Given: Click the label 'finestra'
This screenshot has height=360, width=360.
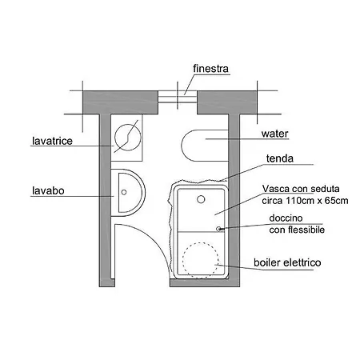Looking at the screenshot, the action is [210, 69].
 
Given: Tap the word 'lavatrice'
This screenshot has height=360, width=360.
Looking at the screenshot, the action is [52, 141].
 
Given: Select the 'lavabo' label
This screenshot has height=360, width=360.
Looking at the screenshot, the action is [48, 190].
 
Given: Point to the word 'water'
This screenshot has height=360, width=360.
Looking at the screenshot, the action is [274, 134].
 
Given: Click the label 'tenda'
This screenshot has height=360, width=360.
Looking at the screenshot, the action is [280, 158].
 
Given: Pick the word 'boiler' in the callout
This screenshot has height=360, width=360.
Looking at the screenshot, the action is [267, 262].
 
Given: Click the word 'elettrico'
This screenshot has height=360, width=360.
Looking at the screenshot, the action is [302, 262].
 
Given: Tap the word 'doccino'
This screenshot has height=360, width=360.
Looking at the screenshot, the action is [286, 218].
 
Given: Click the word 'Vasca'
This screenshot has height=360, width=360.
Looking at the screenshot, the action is [276, 189].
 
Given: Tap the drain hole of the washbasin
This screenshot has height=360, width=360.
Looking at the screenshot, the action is [124, 192].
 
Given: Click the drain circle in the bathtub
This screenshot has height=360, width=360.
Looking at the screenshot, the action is [201, 199].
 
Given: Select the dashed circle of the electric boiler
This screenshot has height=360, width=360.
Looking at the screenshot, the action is [182, 260].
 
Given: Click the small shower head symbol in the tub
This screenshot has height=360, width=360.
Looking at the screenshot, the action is [219, 229].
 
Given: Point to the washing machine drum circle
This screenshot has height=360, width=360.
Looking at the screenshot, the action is [115, 138].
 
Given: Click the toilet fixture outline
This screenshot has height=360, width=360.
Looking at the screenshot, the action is [182, 146].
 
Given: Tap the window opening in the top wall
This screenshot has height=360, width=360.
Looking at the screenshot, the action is [178, 97].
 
